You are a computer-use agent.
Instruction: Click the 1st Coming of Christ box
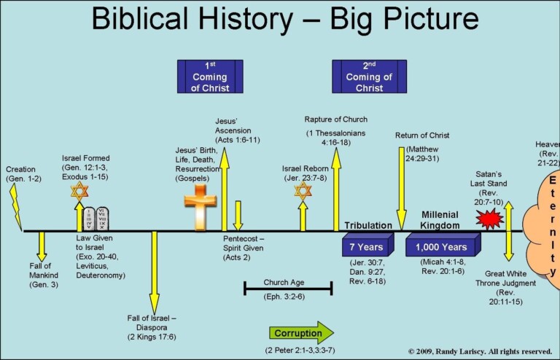click(x=210, y=77)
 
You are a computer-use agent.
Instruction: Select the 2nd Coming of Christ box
click(x=369, y=77)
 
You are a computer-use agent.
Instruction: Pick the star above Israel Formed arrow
click(x=79, y=192)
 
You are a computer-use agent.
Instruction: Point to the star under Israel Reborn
click(x=302, y=192)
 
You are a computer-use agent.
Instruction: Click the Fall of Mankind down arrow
click(x=41, y=246)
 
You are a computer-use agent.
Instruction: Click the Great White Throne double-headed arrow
click(x=508, y=231)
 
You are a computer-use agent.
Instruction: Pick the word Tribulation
click(x=369, y=225)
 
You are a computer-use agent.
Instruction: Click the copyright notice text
click(x=480, y=351)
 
